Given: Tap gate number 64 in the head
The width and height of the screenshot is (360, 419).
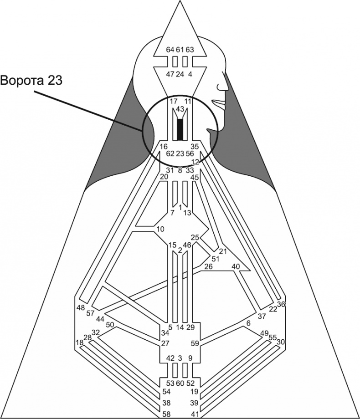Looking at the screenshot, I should (x=170, y=50).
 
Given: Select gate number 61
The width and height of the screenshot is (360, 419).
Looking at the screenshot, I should (x=180, y=50).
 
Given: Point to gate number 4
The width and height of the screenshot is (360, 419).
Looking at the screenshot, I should (x=190, y=74).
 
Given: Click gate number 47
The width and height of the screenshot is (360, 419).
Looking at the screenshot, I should (x=170, y=74).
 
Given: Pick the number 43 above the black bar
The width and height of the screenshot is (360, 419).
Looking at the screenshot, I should (x=180, y=109).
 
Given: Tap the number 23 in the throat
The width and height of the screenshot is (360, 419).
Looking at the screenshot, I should (x=180, y=153).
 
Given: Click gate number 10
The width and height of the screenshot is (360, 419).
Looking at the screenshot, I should (x=159, y=229).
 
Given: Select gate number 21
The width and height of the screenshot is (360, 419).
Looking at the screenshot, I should (x=222, y=251).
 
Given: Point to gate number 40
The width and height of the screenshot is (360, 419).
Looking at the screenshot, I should (x=236, y=266).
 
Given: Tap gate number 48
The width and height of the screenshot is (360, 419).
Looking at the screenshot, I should (x=81, y=307).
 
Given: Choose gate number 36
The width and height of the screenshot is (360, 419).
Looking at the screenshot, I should (x=281, y=305).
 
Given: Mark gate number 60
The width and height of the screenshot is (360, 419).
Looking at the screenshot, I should (x=180, y=383).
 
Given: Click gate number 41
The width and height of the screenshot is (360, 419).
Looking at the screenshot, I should (x=195, y=414).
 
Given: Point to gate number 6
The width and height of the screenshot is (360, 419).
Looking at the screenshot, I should (x=248, y=323).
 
